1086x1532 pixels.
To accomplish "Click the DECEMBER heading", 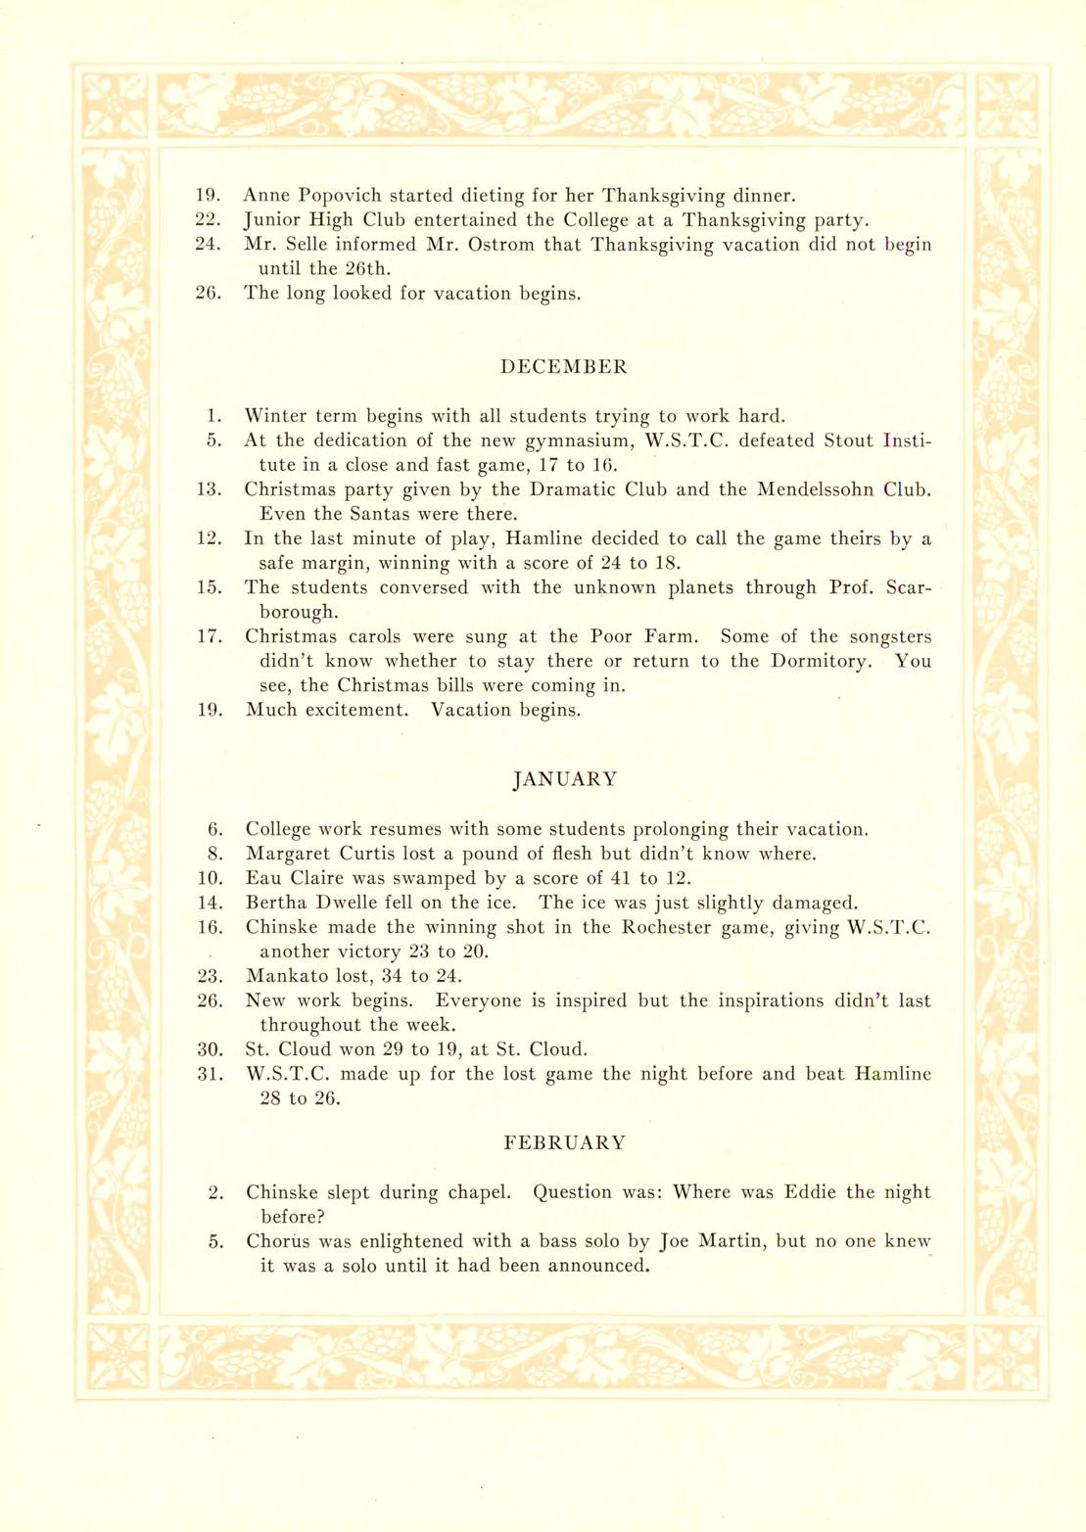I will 563,367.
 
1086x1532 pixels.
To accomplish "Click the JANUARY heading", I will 565,779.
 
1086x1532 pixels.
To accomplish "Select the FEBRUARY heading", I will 564,1142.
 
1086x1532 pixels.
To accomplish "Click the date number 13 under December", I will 209,489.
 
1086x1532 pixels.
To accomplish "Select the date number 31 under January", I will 210,1074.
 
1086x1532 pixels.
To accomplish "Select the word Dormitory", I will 821,661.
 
